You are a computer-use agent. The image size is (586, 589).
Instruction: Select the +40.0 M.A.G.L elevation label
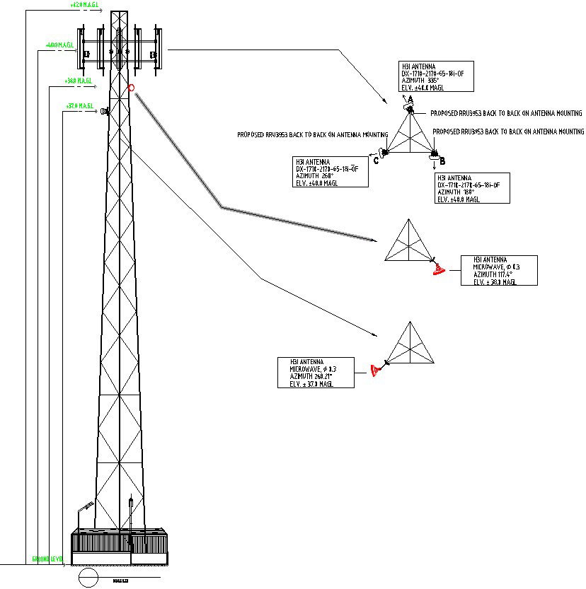[x=60, y=45]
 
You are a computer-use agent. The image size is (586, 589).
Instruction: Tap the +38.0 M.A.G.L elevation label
[x=79, y=81]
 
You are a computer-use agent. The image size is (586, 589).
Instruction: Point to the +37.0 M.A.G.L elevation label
[x=80, y=106]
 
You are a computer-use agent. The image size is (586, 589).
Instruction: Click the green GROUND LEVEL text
[x=47, y=559]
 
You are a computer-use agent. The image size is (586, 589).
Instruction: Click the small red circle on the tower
[x=132, y=88]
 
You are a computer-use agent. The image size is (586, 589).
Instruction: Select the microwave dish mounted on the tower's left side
[x=104, y=112]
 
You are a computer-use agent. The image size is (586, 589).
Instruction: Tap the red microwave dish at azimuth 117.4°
[x=438, y=268]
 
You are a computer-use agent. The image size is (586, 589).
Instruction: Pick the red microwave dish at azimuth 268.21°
[x=374, y=370]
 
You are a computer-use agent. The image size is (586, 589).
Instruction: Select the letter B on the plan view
[x=442, y=161]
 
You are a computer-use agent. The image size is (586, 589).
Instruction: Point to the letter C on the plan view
[x=376, y=161]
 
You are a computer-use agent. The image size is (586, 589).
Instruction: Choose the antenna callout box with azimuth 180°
[x=471, y=188]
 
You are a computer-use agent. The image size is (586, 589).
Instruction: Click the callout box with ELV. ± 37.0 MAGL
[x=314, y=373]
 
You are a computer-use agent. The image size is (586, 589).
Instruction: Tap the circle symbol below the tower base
[x=88, y=578]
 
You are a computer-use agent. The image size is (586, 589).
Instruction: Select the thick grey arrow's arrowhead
[x=374, y=240]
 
